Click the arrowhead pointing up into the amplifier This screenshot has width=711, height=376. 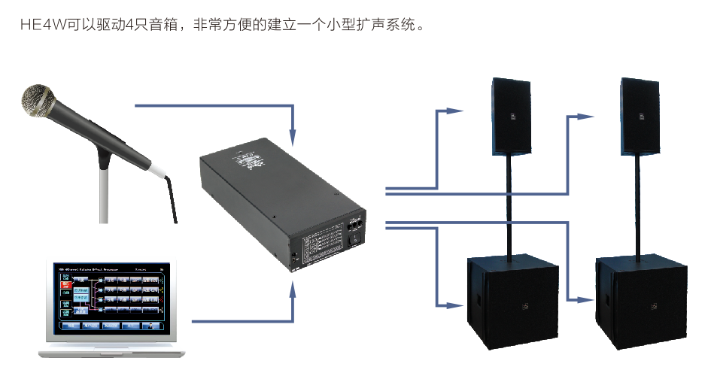point(293,290)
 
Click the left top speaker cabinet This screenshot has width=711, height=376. point(512,117)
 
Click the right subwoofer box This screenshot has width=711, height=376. point(641,301)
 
